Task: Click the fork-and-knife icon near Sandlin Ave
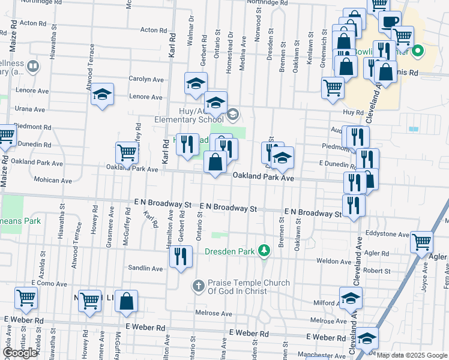pyautogui.click(x=180, y=256)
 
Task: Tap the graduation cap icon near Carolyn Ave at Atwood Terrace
pyautogui.click(x=103, y=94)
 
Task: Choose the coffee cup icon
pyautogui.click(x=390, y=22)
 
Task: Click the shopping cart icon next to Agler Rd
pyautogui.click(x=422, y=242)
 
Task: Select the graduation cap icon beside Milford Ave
pyautogui.click(x=351, y=297)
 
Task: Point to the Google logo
pyautogui.click(x=20, y=353)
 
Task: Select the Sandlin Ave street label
pyautogui.click(x=145, y=268)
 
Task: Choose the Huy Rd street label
pyautogui.click(x=354, y=112)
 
